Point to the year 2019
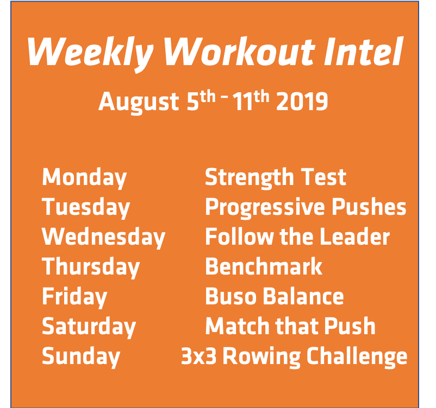point(302,102)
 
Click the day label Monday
point(84,177)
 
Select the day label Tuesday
point(86,207)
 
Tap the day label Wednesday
point(103,237)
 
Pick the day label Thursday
point(91,267)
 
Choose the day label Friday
point(74,297)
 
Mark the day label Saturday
point(89,327)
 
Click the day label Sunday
point(81,356)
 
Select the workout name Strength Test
point(275,177)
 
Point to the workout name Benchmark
point(264,267)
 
